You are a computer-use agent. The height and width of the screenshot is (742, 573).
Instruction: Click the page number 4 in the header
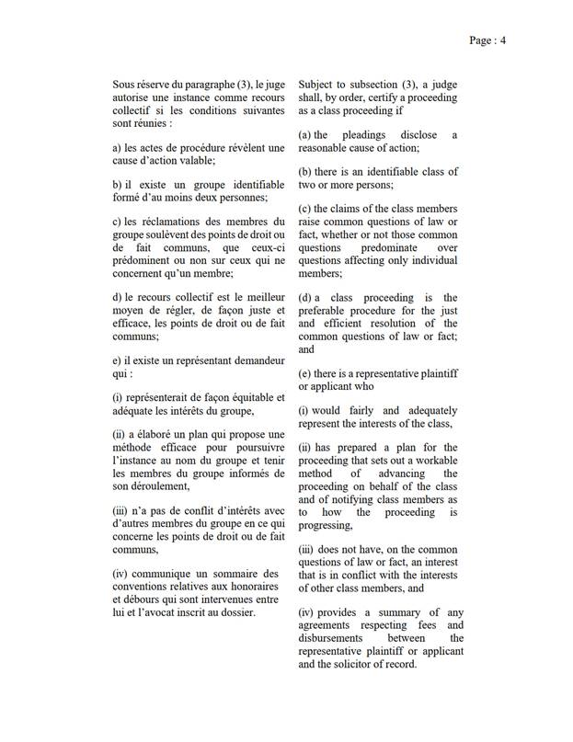point(504,40)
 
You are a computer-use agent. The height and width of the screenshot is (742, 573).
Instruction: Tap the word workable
point(439,461)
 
